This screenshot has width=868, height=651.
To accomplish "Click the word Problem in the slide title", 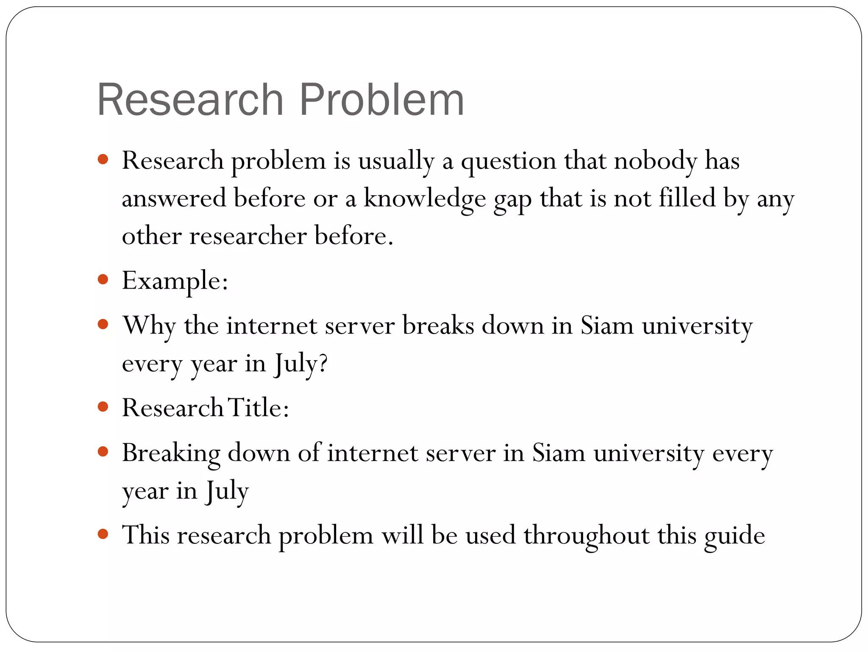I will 382,100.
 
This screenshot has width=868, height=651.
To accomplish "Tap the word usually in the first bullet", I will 396,161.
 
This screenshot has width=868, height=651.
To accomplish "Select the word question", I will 509,161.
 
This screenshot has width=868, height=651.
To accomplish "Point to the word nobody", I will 655,161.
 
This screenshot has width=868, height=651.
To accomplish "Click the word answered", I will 174,198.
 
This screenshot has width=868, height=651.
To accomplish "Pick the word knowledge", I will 425,198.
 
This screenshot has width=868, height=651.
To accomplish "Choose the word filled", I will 687,198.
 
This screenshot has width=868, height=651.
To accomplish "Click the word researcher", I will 248,236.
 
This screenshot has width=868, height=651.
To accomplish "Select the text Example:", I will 175,281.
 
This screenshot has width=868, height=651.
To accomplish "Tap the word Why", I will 149,326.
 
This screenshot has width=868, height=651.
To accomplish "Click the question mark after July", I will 323,363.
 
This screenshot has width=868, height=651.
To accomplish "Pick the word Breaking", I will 171,453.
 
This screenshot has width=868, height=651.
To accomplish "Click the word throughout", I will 587,535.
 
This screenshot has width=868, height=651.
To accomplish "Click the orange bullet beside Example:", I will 103,279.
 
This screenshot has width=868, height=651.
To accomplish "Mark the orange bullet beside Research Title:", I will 103,407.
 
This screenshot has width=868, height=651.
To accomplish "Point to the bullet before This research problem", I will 103,534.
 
